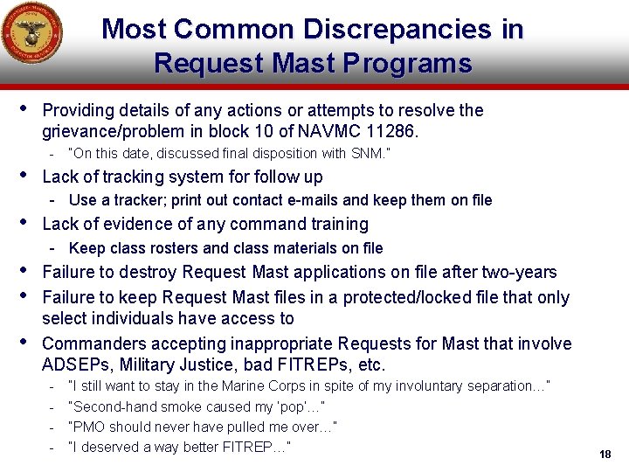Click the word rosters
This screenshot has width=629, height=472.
click(x=171, y=248)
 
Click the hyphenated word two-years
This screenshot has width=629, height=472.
click(x=518, y=272)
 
